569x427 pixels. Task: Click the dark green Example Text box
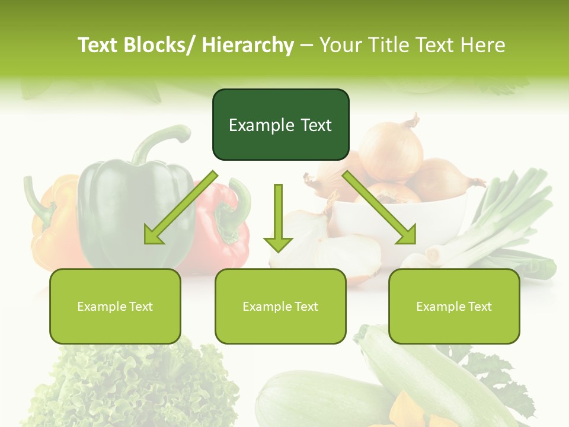pos(280,125)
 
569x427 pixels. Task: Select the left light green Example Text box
pos(115,307)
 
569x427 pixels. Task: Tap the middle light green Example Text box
pos(280,307)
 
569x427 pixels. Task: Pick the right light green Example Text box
pos(454,307)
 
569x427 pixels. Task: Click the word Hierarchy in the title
pos(248,45)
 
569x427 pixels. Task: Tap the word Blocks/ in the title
pos(165,45)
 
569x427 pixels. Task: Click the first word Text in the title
pos(98,45)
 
